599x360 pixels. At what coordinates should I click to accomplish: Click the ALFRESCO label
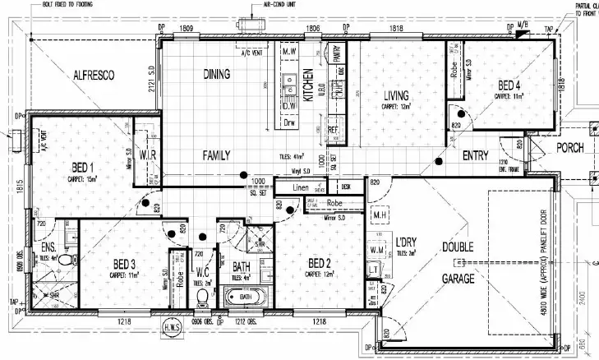point(93,75)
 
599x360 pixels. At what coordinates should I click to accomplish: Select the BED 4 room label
point(508,85)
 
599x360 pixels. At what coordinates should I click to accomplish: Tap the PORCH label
point(569,148)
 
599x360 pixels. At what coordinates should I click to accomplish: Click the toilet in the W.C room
point(202,297)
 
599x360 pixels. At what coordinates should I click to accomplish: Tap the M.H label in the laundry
point(379,215)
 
